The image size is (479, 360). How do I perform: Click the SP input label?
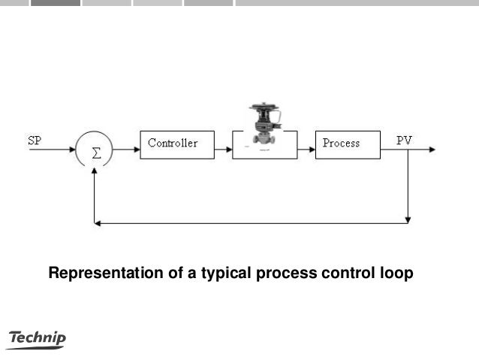pos(35,140)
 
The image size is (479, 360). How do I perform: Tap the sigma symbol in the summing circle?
pos(95,152)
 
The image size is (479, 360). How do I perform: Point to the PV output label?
pos(404,140)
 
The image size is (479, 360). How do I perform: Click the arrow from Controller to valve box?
pos(223,150)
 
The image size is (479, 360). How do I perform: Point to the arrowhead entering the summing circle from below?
pos(95,172)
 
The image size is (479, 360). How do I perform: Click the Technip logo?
pos(36,340)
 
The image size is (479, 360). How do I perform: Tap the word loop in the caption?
pos(396,274)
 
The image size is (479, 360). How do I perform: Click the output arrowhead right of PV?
pos(431,150)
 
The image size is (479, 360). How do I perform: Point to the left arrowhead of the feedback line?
pos(98,222)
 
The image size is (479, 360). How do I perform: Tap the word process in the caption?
pos(287,274)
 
